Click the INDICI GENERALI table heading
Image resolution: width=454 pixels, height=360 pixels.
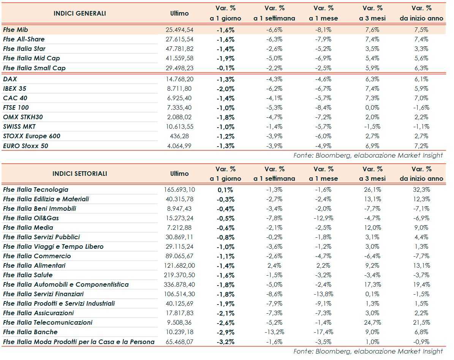tap(80, 13)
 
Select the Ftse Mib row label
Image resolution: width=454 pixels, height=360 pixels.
tap(16, 30)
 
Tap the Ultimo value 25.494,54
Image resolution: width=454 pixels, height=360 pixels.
tap(180, 30)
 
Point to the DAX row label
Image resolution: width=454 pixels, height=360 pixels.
tap(10, 79)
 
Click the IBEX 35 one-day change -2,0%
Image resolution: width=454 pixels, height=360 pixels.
tap(225, 88)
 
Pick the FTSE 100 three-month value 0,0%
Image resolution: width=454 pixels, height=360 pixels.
tap(372, 107)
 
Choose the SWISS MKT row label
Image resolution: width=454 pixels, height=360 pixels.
tap(19, 126)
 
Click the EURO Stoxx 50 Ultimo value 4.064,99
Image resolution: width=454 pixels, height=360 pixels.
tap(180, 146)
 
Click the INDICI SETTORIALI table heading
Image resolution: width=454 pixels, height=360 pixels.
tap(80, 174)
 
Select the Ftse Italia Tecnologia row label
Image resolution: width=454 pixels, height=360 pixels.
tap(36, 189)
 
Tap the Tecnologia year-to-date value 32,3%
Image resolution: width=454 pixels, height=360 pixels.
tap(421, 189)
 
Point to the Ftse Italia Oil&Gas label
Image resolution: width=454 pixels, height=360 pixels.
tap(31, 218)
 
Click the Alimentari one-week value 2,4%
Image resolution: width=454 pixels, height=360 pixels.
tap(274, 265)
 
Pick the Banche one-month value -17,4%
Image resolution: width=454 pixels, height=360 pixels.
tap(323, 332)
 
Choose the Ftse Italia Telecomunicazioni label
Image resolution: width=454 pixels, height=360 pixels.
tap(48, 322)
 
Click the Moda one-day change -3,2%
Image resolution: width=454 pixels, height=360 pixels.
tap(225, 341)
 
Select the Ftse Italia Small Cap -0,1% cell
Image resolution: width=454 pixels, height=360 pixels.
tap(225, 68)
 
